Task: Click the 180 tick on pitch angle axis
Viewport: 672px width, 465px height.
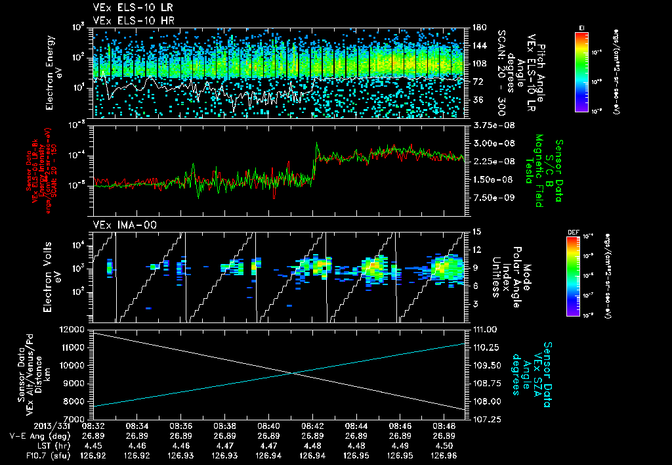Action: point(477,28)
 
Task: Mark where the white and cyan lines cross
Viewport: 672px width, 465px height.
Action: point(292,373)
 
